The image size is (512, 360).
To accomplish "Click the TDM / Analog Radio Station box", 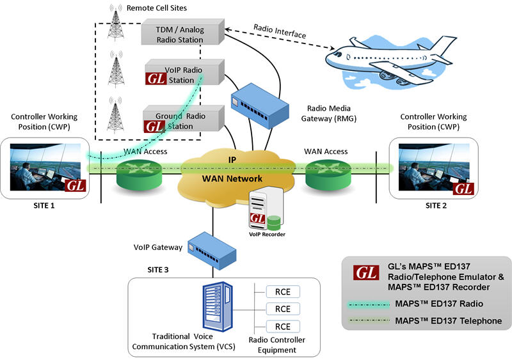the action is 182,32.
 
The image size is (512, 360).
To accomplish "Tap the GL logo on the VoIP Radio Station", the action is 156,79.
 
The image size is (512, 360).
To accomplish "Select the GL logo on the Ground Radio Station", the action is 154,127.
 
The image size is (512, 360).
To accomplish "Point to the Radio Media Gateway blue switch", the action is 260,106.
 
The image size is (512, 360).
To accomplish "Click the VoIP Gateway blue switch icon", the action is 212,251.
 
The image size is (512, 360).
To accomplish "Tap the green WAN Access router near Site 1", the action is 139,175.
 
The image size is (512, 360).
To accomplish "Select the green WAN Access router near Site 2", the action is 328,175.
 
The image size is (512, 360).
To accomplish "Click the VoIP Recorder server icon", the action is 266,209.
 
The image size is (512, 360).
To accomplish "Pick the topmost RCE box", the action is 283,292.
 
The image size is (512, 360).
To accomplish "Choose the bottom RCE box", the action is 283,326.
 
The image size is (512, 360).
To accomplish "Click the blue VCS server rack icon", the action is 218,306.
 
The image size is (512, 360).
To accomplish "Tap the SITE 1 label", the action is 44,206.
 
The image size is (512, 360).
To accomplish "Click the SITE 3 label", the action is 158,270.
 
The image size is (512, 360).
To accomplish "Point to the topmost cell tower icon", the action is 116,22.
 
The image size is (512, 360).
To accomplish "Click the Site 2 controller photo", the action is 435,167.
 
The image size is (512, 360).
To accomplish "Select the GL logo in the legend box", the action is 366,272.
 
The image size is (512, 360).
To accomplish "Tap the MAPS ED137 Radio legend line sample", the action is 369,305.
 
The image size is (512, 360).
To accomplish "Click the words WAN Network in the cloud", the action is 232,178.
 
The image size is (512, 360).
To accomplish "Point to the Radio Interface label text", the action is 280,31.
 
